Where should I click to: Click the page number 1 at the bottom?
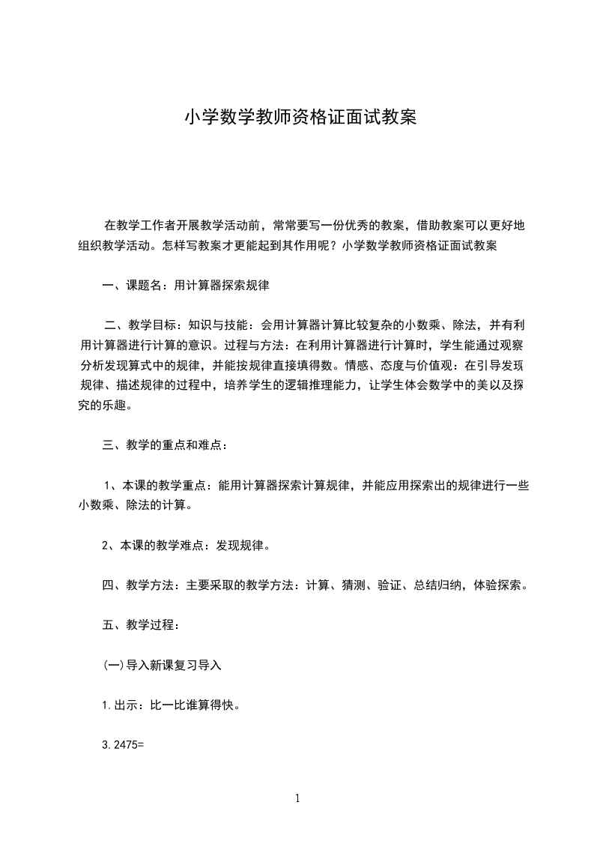point(297,799)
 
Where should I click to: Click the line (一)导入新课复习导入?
point(162,665)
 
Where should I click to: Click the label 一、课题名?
point(133,285)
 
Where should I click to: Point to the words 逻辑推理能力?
point(304,386)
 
